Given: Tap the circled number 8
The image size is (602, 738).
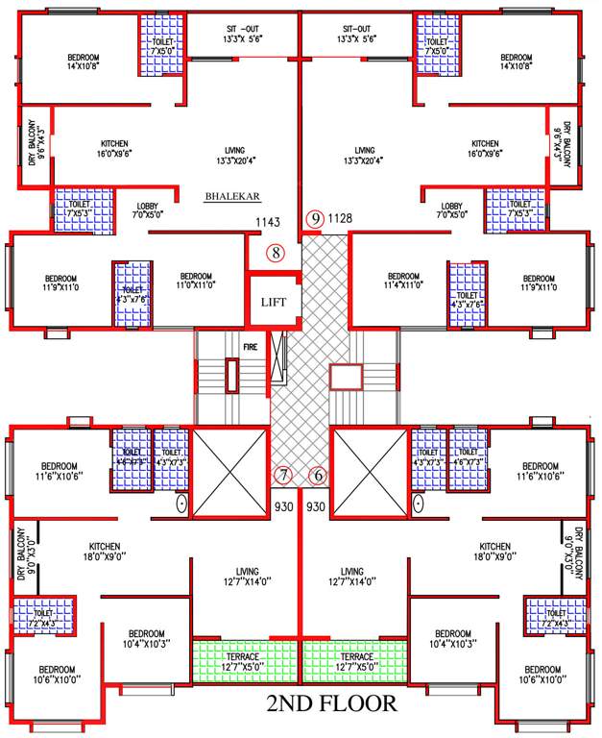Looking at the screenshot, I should [x=276, y=254].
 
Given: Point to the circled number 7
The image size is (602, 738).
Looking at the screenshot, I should [x=283, y=475].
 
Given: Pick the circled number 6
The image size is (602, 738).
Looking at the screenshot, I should [x=318, y=475].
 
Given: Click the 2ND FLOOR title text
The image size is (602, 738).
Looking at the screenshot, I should [x=331, y=703].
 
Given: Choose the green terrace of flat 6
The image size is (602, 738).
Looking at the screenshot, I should [x=354, y=660].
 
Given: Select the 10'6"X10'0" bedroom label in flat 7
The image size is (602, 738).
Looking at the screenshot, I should [x=59, y=675].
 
